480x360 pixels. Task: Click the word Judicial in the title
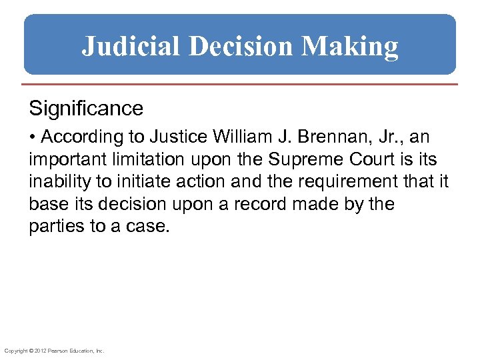click(130, 47)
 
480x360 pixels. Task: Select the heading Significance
click(86, 108)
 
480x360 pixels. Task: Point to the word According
click(81, 137)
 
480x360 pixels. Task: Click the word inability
click(55, 182)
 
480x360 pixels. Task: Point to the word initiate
click(123, 182)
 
